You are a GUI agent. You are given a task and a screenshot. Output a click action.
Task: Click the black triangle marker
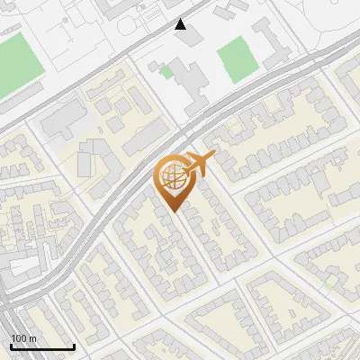[181, 24]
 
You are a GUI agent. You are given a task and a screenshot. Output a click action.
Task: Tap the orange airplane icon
[197, 166]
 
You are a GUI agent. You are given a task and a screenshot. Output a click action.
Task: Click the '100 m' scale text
[23, 338]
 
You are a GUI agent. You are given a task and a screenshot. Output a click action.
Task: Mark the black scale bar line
[41, 346]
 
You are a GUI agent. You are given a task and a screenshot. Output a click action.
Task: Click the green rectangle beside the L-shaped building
[236, 59]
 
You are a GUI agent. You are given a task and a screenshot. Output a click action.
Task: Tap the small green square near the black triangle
[166, 70]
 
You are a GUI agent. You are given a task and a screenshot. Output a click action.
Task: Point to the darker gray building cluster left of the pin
[90, 157]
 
